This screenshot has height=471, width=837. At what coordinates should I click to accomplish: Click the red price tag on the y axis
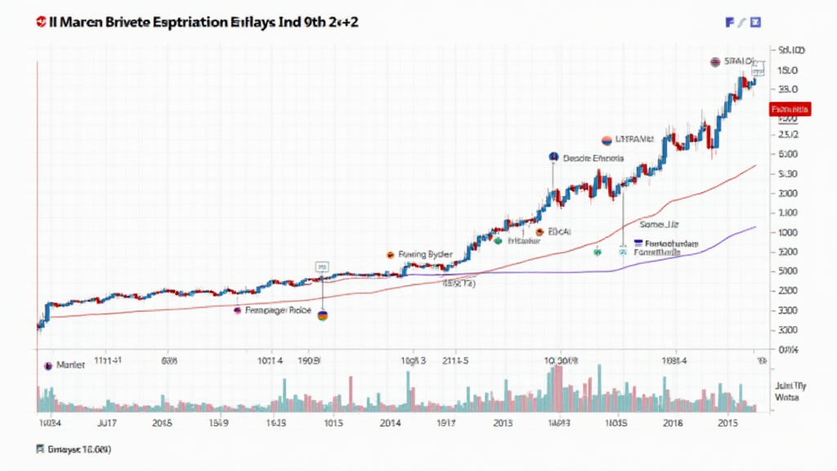point(789,109)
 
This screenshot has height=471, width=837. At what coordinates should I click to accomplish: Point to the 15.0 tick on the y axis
point(789,70)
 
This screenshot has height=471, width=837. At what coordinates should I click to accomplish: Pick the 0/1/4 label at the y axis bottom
point(788,349)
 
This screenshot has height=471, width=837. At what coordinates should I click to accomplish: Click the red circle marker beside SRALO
point(715,62)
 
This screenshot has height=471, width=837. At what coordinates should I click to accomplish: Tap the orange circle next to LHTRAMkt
point(606,140)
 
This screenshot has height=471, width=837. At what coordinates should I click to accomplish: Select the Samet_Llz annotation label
point(659,223)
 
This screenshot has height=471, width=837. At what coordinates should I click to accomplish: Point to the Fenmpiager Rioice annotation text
point(278,312)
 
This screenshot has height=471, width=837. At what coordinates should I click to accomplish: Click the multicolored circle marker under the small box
point(322,315)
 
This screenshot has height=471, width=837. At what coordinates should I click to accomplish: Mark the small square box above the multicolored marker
point(321,267)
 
